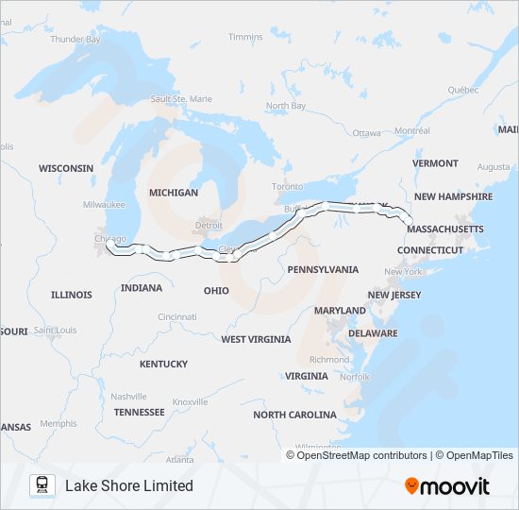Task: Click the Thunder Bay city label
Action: (75, 40)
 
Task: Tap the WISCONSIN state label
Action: (66, 168)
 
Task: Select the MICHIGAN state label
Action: (174, 193)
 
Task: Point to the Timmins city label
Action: (245, 37)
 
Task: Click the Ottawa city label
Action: (367, 133)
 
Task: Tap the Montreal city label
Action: (412, 131)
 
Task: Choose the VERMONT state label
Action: (435, 163)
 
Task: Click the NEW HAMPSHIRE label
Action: (453, 196)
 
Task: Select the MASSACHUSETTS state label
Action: (445, 229)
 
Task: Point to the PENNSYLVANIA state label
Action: (323, 269)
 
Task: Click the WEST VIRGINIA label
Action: (256, 339)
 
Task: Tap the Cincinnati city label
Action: (177, 316)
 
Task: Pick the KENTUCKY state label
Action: (163, 364)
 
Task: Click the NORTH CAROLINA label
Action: (294, 415)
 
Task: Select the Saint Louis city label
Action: (55, 331)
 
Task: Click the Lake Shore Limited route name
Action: (128, 485)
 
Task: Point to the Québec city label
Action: (463, 90)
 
